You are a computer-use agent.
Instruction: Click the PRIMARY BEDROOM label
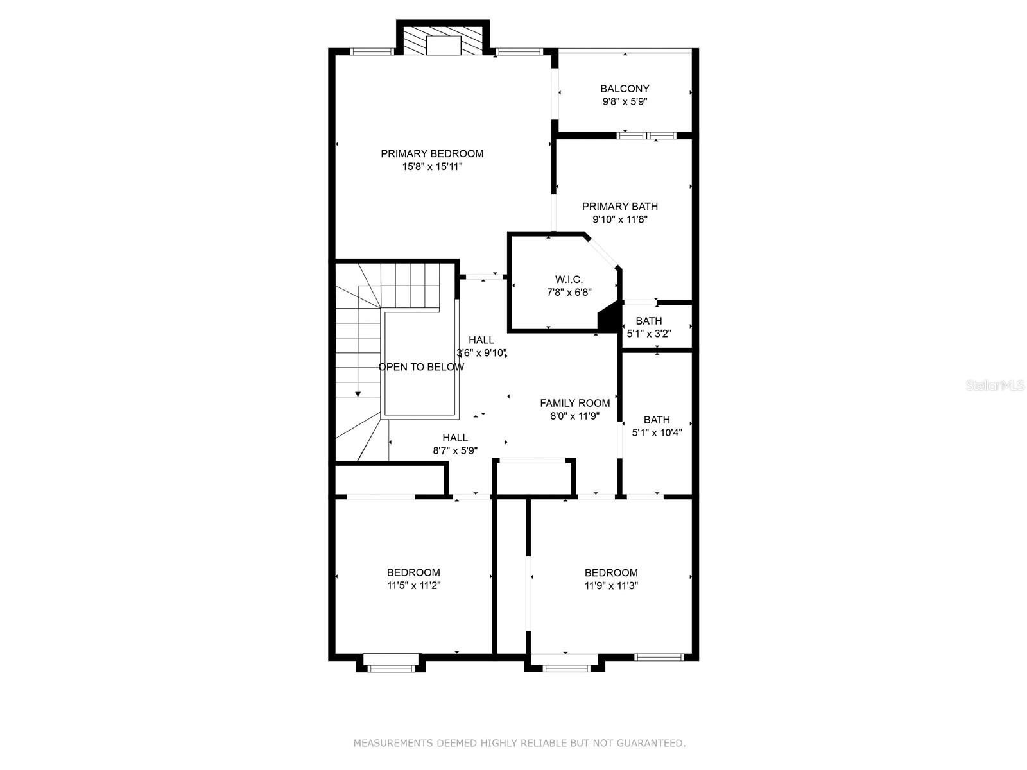431,153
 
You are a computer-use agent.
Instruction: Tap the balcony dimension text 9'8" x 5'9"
625,101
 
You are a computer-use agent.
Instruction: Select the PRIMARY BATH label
619,206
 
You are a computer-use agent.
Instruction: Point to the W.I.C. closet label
569,280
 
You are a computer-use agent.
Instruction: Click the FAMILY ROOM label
574,403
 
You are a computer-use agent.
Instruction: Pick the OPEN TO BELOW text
421,367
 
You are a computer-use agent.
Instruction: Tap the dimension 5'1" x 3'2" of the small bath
649,334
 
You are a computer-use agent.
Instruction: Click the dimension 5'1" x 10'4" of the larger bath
657,433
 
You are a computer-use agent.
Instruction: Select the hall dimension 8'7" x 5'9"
455,450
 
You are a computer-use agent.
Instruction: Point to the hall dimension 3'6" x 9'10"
481,353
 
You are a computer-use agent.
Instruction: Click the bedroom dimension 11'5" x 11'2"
413,585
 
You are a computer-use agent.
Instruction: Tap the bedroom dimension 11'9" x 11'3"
611,585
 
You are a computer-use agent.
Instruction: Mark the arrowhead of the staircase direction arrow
358,394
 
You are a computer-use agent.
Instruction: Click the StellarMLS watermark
995,386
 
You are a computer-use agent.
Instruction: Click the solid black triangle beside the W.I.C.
610,317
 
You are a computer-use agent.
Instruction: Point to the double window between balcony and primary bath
646,135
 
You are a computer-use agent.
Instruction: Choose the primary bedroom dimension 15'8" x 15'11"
432,166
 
